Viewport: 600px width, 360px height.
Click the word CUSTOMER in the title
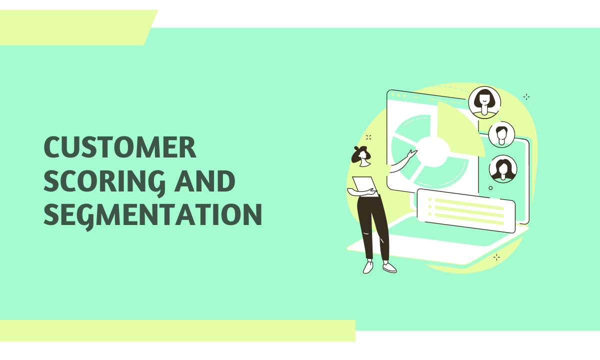tap(120, 148)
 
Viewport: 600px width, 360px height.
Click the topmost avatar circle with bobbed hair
tap(484, 102)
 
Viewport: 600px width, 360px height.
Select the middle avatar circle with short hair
tap(501, 134)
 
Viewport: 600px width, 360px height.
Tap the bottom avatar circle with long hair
tap(503, 168)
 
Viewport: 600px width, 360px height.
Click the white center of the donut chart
tap(432, 150)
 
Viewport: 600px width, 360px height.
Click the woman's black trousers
tap(372, 225)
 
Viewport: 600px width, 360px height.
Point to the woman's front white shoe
tap(389, 268)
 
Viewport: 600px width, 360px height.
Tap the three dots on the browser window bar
tap(398, 94)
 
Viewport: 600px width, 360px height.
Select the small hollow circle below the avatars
tap(490, 188)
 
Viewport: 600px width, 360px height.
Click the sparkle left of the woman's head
tap(368, 137)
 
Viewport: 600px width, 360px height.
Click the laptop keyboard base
tap(450, 245)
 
